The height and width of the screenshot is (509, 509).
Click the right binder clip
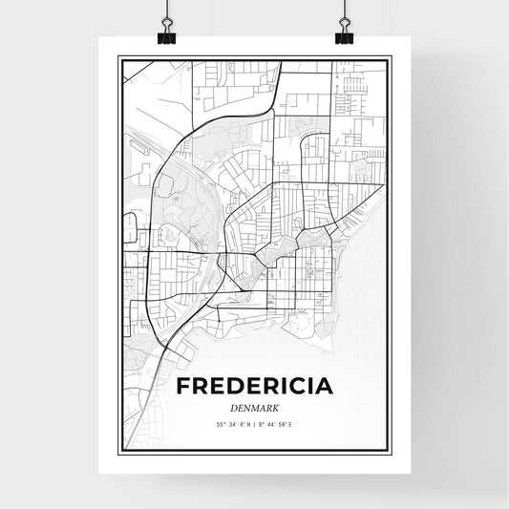tap(344, 34)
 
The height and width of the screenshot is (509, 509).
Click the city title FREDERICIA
tap(255, 387)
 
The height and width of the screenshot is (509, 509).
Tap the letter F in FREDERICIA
tap(183, 387)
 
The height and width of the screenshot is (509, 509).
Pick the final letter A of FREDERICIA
tap(325, 387)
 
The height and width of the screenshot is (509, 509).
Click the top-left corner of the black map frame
tap(119, 57)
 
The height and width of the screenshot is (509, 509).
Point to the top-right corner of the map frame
tap(390, 57)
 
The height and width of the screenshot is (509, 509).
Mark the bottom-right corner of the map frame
tap(390, 453)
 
